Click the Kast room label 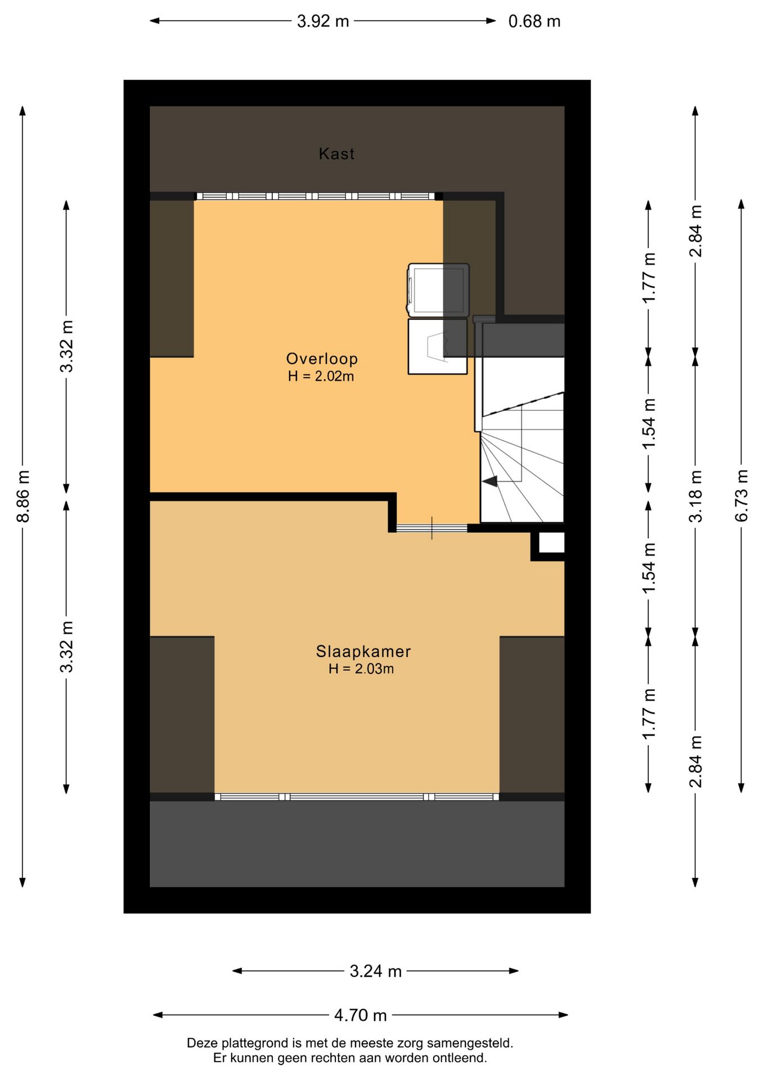point(336,153)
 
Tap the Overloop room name point(322,359)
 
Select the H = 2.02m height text point(321,376)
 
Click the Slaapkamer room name point(363,651)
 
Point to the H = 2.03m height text point(361,669)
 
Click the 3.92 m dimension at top point(323,21)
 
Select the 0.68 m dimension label point(534,21)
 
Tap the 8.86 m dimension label point(23,496)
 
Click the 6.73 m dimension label point(741,496)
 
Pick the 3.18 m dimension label point(696,496)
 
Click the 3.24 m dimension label point(375,971)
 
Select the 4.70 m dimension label point(361,1015)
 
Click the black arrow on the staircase point(490,481)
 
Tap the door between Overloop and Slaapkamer point(432,528)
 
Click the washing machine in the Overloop point(438,291)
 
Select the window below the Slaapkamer point(357,796)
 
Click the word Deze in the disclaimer point(200,1044)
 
